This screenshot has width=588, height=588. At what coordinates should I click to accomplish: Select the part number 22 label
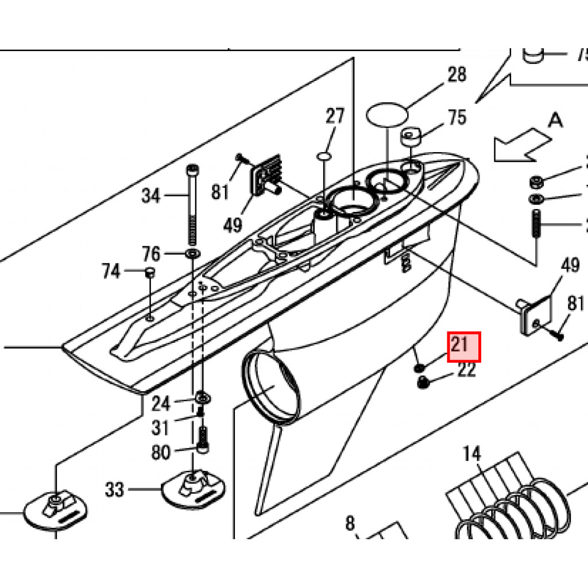coord(467,370)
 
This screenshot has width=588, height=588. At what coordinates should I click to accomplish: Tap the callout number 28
coord(457,75)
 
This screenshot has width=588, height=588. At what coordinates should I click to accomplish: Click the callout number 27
coord(335,117)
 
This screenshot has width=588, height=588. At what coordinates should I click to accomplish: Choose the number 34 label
coord(151,196)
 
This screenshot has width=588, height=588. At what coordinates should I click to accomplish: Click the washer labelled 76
coord(191,253)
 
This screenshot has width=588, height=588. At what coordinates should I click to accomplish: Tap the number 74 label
coord(111,271)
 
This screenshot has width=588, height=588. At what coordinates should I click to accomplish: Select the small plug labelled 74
coord(149,272)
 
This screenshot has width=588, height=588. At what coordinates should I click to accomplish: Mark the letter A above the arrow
coord(555,120)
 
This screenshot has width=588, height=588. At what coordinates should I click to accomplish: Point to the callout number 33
coord(114,490)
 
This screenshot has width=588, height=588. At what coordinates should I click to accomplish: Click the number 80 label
coord(161,452)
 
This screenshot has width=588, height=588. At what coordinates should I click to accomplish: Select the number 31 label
coord(161,428)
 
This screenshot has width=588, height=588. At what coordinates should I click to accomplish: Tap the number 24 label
coord(161,404)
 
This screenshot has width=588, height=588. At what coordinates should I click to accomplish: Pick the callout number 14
coord(471,454)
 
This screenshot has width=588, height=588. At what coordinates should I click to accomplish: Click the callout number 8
coord(350,524)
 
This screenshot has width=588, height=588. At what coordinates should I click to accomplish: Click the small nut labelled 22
coord(424,382)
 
